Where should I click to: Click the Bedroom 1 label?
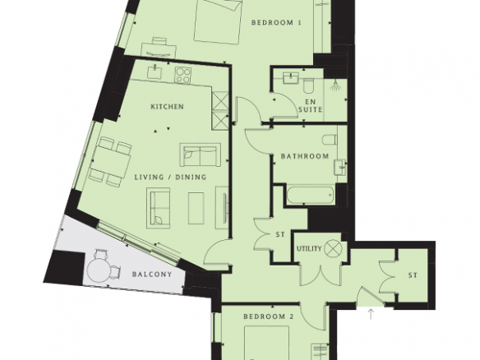276,23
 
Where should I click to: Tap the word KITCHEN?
168,107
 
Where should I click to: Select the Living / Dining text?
171,177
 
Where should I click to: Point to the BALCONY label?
152,274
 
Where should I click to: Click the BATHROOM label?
305,156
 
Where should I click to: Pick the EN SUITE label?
310,105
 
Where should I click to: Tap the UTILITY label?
309,248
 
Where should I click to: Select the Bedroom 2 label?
269,316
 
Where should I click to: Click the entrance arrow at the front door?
371,315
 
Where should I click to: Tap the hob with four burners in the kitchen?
183,75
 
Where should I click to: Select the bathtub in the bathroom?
311,194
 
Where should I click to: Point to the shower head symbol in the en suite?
335,85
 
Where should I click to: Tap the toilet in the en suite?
308,85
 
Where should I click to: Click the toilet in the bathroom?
330,140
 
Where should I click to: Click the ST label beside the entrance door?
413,275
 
